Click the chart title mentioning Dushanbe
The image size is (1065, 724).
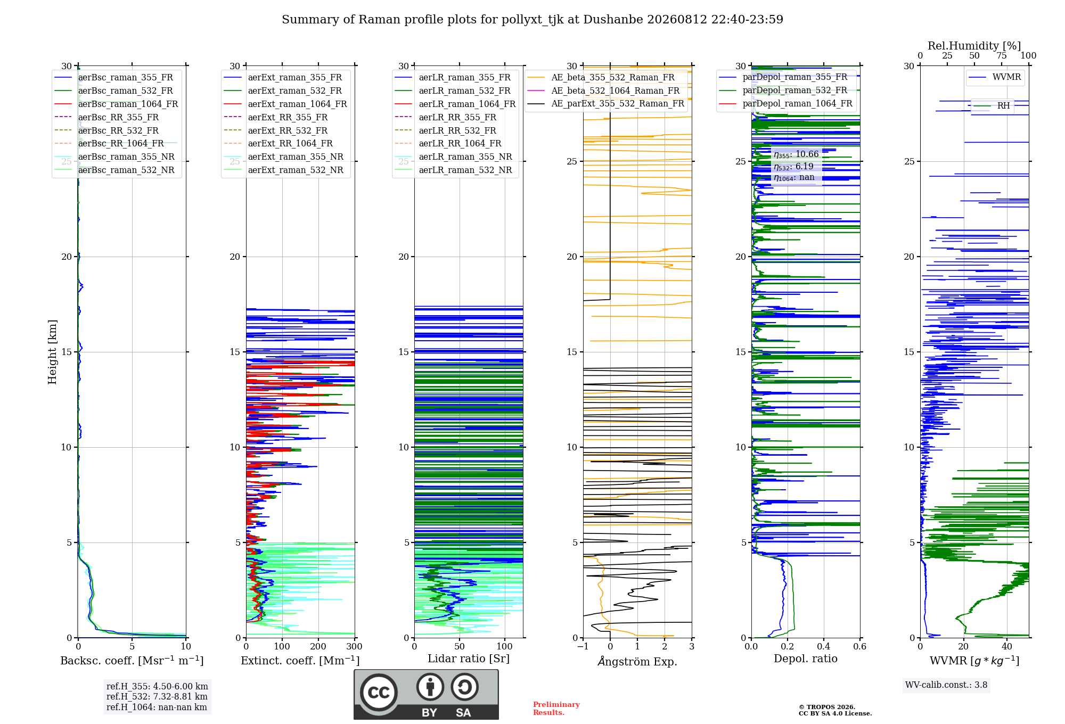pos(532,20)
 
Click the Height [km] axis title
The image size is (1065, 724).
pos(52,352)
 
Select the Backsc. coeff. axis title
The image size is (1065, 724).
pos(132,661)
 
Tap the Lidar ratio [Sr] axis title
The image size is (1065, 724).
pos(469,659)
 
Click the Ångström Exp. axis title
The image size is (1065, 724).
pos(637,661)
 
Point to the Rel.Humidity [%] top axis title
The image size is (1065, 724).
pos(974,46)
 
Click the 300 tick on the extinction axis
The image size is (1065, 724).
pos(354,646)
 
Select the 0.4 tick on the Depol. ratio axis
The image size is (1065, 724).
pos(824,646)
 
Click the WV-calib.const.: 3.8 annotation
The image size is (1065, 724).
pos(946,685)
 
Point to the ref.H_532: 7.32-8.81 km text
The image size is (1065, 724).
pos(157,696)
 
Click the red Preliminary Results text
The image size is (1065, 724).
pos(556,709)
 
